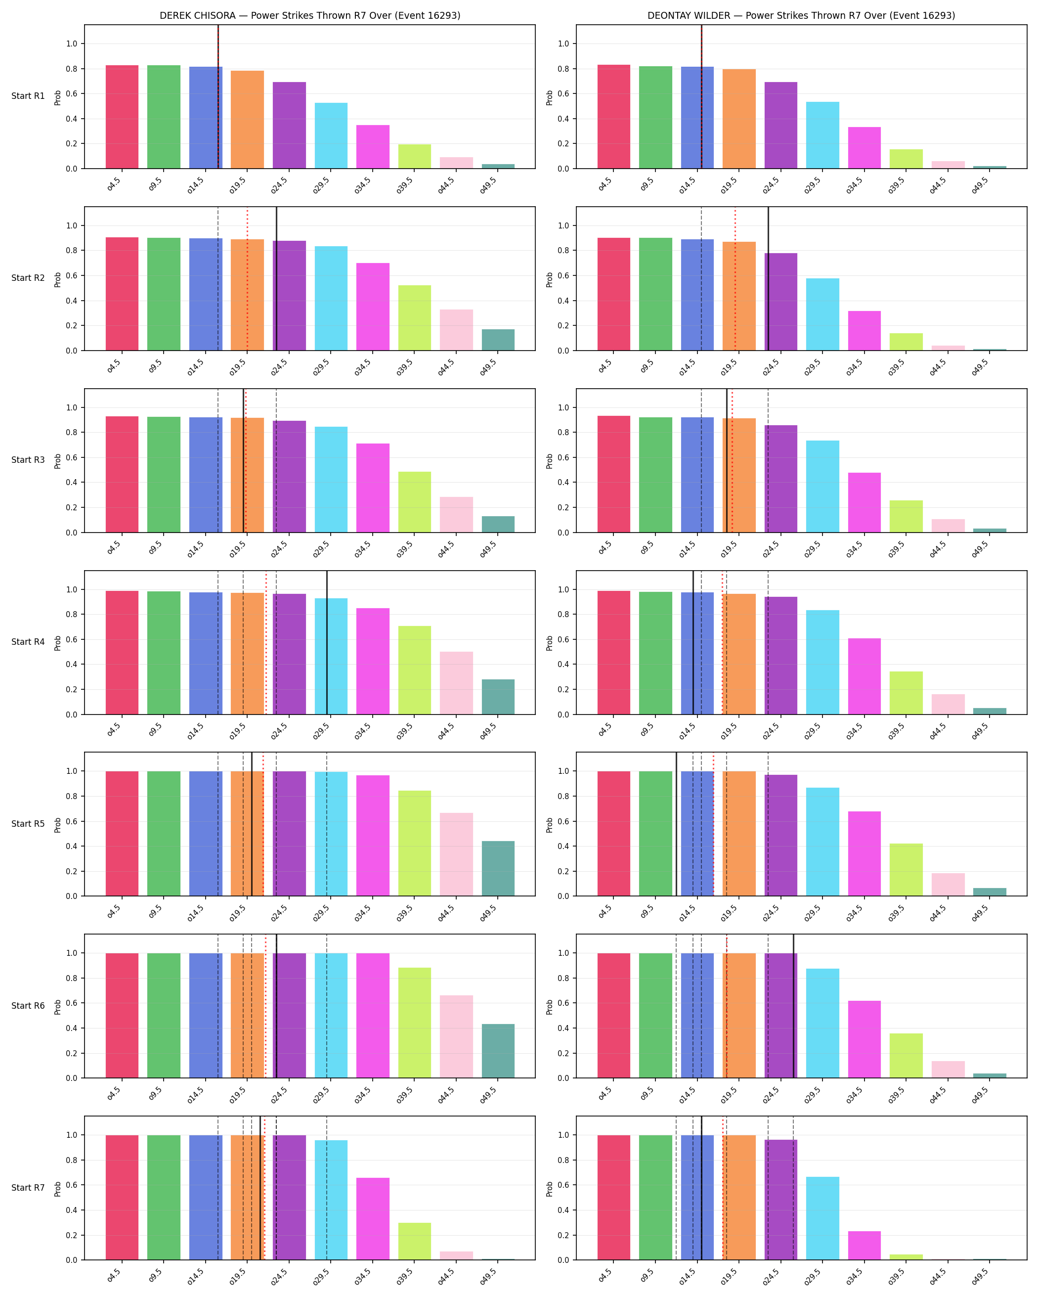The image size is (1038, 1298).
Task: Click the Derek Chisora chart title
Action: pos(310,16)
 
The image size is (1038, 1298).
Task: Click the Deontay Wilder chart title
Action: pos(801,16)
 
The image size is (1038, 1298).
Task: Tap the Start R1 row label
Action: pos(28,96)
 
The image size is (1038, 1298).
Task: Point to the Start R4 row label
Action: pos(28,642)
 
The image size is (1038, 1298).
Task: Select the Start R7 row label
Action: pos(28,1187)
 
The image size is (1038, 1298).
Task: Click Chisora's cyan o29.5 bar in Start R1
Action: pos(331,135)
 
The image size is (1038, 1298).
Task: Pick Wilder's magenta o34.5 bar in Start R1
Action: pos(864,147)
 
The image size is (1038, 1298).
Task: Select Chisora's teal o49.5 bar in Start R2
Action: pos(498,340)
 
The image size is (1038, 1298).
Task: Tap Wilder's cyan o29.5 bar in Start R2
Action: pos(822,314)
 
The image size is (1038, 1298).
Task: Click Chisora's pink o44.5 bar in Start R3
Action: pos(456,515)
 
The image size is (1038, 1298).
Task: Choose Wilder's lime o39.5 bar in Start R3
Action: pos(906,517)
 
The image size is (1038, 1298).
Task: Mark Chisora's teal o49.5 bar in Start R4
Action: pos(498,697)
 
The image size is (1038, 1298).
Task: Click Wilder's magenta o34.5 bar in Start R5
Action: pos(864,853)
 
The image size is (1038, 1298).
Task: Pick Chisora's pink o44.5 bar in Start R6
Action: pos(456,1037)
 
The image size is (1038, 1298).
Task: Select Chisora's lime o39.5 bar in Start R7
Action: pos(415,1242)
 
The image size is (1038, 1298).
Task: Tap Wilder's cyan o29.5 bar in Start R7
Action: pos(822,1218)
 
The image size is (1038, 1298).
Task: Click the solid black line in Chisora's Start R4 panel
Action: pos(327,642)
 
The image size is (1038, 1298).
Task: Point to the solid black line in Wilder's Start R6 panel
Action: pos(793,1006)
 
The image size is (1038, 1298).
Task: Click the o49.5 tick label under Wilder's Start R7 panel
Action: pos(980,1276)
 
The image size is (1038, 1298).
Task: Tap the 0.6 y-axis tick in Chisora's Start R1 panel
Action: pos(72,94)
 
